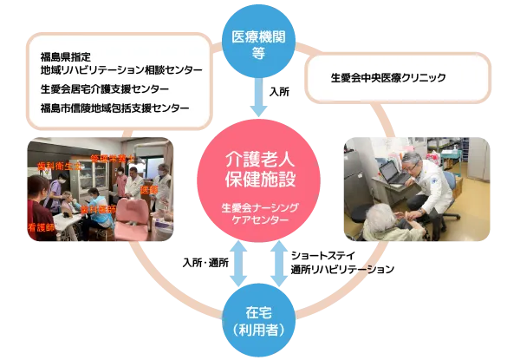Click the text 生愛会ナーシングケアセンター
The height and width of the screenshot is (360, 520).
coord(260,214)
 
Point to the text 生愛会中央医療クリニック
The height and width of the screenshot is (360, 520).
coord(388,78)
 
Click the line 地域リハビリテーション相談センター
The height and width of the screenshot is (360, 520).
coord(121,69)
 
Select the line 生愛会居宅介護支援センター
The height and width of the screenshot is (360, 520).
coord(104,89)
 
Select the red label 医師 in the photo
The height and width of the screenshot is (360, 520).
coord(149,190)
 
